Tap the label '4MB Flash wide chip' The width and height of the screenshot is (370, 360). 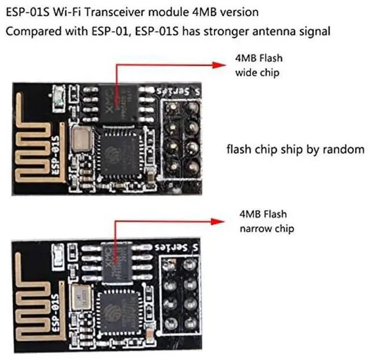[x=258, y=65]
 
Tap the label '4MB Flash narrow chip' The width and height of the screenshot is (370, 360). [x=266, y=221]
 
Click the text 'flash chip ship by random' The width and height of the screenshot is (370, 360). [x=295, y=149]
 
